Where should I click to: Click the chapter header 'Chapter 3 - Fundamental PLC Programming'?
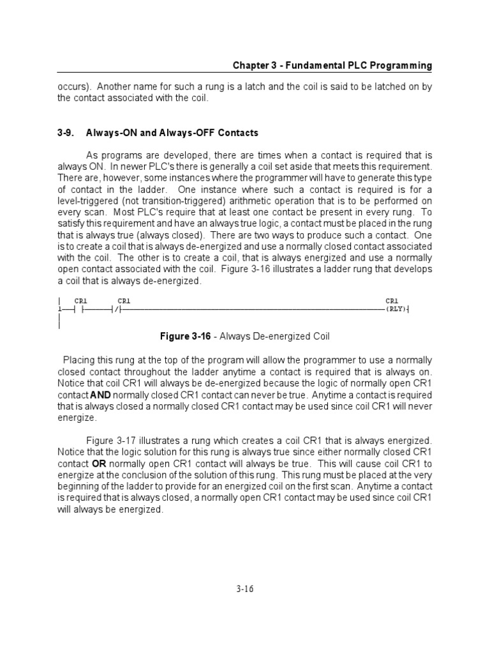(x=332, y=66)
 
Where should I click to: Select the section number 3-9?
(x=66, y=133)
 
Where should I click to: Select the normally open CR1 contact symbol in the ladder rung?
(x=80, y=310)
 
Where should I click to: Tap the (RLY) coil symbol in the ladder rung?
(x=396, y=310)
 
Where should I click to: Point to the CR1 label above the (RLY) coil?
(x=392, y=300)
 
